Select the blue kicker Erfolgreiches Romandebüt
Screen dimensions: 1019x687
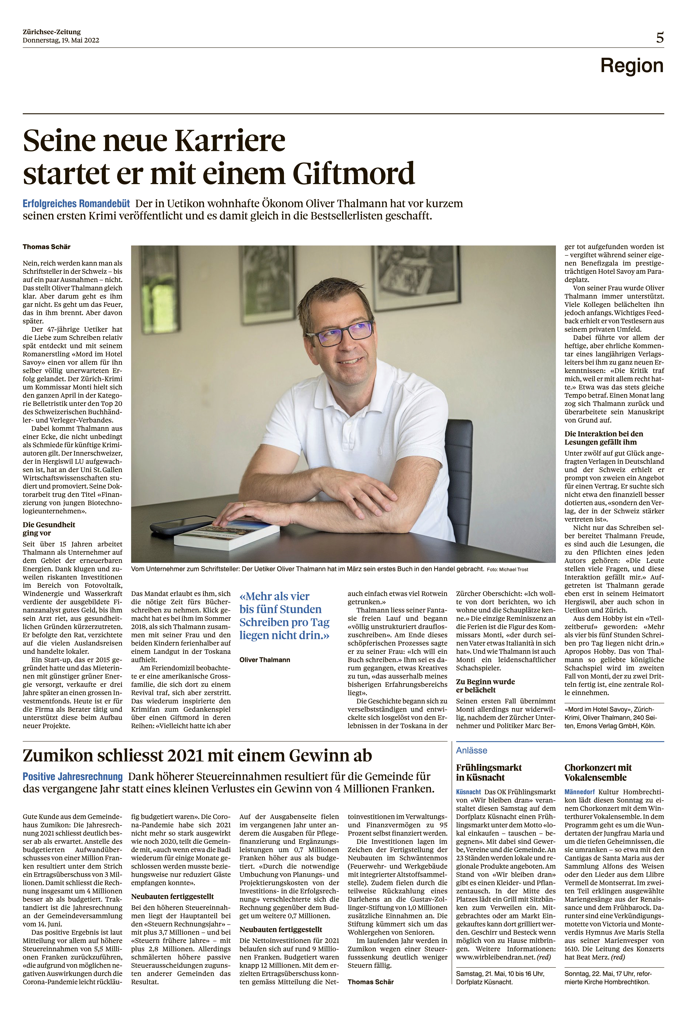point(76,204)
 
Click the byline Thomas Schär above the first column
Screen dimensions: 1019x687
point(46,247)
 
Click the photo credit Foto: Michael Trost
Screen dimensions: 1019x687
point(507,569)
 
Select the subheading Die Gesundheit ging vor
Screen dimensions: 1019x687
point(49,529)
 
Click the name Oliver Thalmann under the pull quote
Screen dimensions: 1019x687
point(265,660)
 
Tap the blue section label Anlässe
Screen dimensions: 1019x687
point(471,750)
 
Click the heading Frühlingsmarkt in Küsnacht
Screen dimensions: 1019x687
point(488,772)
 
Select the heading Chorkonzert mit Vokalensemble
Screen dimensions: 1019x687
point(598,772)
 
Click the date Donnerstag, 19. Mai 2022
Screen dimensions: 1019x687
point(61,40)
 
